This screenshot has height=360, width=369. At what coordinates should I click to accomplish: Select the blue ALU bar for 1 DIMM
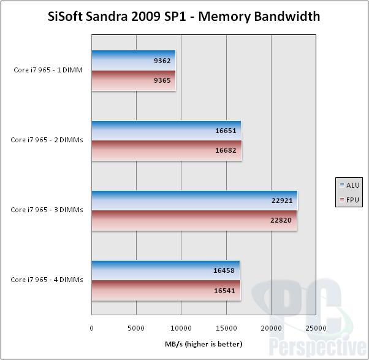coord(134,61)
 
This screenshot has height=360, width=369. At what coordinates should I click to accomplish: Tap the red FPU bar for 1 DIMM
coord(134,80)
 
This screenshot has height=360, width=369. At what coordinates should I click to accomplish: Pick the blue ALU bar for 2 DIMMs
coord(166,131)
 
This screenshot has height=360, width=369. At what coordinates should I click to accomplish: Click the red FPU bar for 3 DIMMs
coord(194,220)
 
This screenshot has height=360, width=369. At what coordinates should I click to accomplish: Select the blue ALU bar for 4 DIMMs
coord(165,270)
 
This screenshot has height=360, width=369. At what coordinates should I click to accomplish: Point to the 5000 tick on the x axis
coord(136,329)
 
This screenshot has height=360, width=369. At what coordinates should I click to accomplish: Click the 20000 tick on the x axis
coord(272,329)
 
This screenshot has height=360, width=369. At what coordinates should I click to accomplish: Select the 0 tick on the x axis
coord(91,329)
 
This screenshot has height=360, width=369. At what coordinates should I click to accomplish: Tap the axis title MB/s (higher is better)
coord(204,343)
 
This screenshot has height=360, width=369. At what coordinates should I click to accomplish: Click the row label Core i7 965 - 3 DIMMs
coord(47,210)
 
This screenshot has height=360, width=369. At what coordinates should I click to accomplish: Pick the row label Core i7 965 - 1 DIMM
coord(48,70)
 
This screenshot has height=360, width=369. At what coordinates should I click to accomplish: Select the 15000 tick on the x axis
coord(226,329)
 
